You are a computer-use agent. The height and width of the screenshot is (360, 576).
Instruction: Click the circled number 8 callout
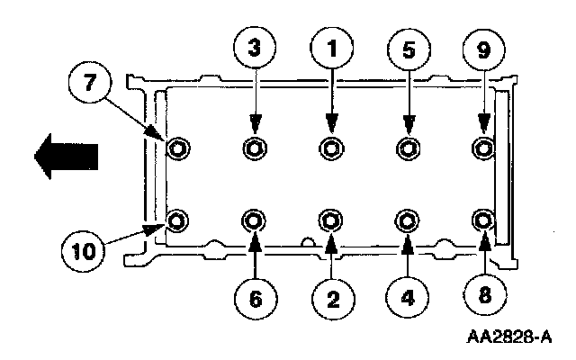click(483, 296)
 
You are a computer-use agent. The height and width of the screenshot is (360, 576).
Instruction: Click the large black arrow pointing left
click(65, 157)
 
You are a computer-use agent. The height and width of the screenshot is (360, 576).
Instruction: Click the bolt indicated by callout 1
click(331, 148)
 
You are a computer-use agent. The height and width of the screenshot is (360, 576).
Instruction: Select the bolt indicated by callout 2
click(331, 220)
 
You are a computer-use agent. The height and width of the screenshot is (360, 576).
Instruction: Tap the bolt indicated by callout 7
click(177, 148)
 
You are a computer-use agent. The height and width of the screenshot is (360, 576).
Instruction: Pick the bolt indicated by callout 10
click(177, 220)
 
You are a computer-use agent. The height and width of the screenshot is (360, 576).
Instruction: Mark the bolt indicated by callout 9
click(484, 148)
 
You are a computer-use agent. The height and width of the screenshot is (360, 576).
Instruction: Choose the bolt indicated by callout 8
click(484, 220)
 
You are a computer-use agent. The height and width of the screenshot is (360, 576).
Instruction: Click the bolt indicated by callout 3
click(255, 148)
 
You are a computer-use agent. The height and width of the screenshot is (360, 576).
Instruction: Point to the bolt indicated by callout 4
click(408, 220)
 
